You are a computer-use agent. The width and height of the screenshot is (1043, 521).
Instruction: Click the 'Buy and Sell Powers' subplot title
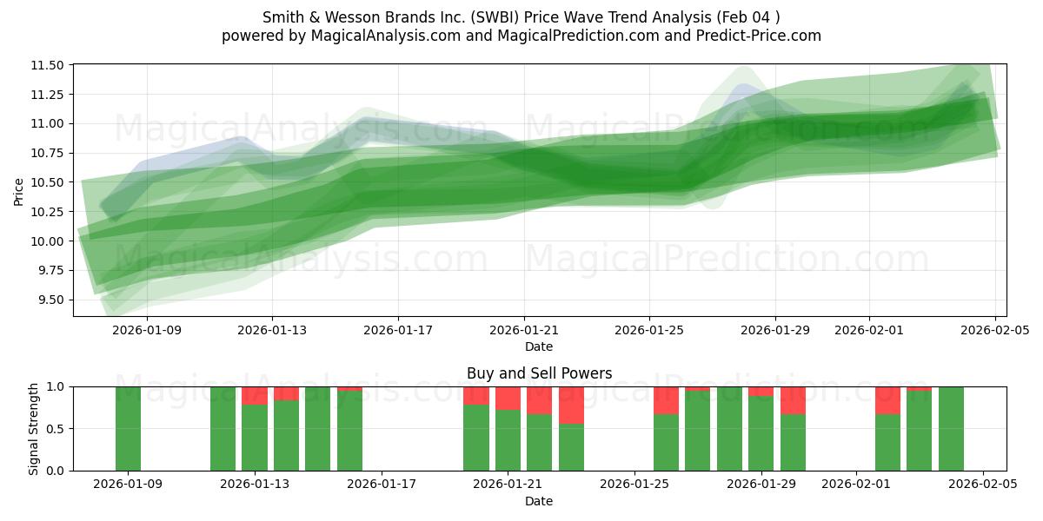point(539,373)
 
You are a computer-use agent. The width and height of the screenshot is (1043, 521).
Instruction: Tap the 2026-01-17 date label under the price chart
point(398,330)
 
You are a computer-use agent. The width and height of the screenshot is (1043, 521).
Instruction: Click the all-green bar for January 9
point(128,428)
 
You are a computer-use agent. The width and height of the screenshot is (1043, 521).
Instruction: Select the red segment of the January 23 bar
point(571,406)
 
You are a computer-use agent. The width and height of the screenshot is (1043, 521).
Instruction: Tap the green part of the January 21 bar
point(508,440)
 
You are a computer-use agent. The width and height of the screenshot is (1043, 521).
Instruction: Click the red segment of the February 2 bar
point(887,400)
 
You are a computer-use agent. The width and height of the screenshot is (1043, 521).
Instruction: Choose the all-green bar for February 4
point(951,428)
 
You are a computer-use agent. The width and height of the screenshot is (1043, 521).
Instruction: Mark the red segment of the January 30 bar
point(793,400)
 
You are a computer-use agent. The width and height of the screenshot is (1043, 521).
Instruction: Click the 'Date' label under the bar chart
point(539,501)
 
